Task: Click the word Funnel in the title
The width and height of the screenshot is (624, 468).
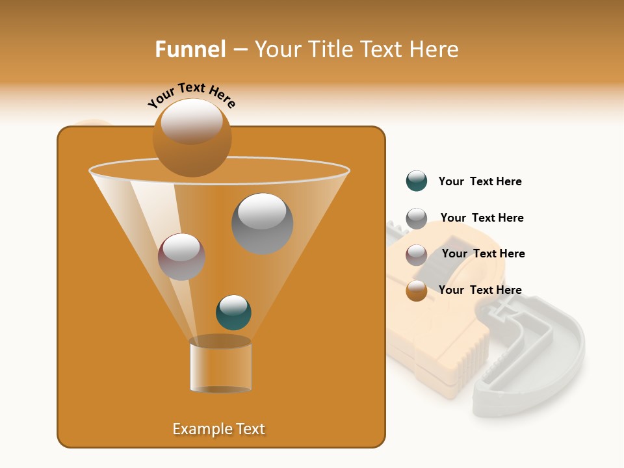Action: pyautogui.click(x=190, y=49)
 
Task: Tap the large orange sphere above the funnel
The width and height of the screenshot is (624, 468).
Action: pyautogui.click(x=192, y=138)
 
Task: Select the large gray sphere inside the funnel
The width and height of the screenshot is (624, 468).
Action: pyautogui.click(x=262, y=224)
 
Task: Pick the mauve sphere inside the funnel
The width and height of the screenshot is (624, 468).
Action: pyautogui.click(x=181, y=257)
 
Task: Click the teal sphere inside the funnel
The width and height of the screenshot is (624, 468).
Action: pyautogui.click(x=233, y=312)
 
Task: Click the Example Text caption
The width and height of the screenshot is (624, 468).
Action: pyautogui.click(x=218, y=429)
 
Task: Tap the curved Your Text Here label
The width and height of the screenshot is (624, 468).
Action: pyautogui.click(x=191, y=95)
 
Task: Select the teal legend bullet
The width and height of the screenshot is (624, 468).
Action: pyautogui.click(x=416, y=181)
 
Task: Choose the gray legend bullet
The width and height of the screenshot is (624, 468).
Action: pyautogui.click(x=416, y=218)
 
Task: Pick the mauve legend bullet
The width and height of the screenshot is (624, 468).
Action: pyautogui.click(x=416, y=254)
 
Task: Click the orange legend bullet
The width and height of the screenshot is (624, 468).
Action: pyautogui.click(x=416, y=291)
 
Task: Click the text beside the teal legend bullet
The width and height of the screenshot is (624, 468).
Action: pyautogui.click(x=480, y=181)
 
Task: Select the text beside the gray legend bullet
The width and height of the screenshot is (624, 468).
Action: pyautogui.click(x=482, y=218)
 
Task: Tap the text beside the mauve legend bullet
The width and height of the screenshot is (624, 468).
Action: pyautogui.click(x=483, y=253)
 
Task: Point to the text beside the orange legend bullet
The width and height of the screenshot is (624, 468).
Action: pyautogui.click(x=480, y=290)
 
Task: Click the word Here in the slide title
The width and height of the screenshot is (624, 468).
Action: pyautogui.click(x=434, y=49)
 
